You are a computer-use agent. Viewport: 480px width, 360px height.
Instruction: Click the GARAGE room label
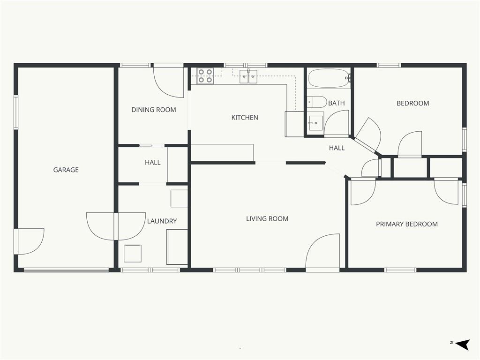pos(66,170)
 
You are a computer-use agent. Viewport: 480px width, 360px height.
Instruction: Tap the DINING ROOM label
pos(154,110)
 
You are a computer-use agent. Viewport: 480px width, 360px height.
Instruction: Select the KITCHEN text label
pos(245,117)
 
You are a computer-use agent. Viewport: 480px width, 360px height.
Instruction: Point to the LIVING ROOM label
pos(267,218)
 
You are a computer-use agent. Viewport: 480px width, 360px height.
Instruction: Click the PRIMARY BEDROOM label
pos(407,224)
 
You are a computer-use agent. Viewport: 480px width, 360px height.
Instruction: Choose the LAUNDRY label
pos(162,221)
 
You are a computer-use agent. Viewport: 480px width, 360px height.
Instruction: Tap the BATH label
pos(337,103)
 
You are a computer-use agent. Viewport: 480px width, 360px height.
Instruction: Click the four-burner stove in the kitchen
pos(205,76)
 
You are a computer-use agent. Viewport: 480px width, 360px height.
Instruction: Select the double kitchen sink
pos(248,76)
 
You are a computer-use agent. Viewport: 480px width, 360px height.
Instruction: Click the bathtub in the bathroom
pos(329,78)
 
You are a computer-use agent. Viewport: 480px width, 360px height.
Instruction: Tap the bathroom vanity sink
pos(315,123)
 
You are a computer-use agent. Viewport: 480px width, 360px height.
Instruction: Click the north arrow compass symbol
pos(462,344)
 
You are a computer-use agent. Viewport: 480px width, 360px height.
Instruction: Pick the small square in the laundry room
pos(133,254)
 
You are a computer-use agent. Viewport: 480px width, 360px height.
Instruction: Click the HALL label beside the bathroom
pos(337,148)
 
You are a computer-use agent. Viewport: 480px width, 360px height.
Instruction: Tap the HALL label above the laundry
pos(153,162)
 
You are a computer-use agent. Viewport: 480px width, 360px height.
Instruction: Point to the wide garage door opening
pos(67,270)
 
